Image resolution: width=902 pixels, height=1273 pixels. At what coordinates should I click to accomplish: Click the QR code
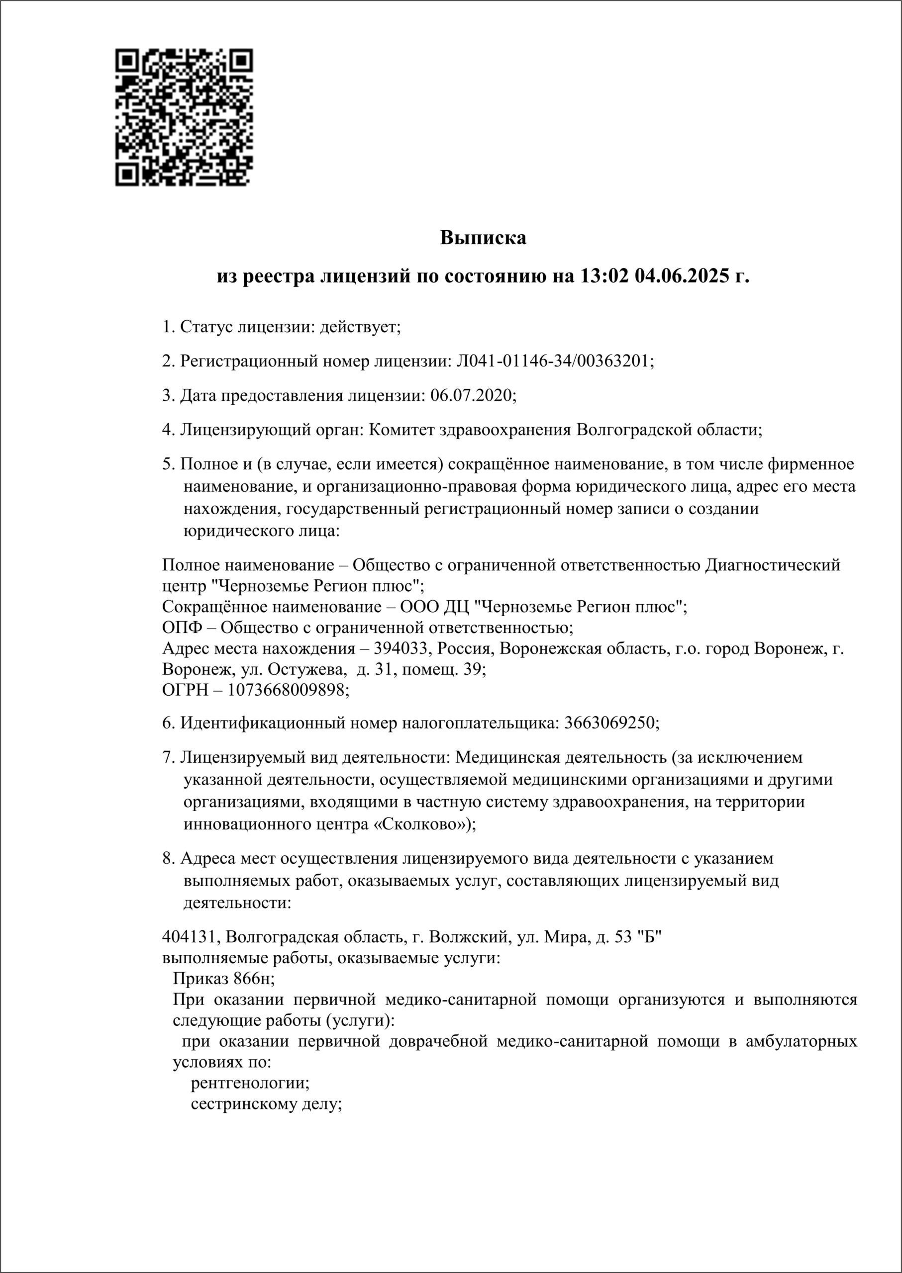pyautogui.click(x=185, y=117)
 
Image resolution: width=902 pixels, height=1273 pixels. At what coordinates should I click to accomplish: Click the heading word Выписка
pyautogui.click(x=483, y=238)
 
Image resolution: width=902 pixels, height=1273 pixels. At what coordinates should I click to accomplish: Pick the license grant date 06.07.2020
pyautogui.click(x=472, y=395)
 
